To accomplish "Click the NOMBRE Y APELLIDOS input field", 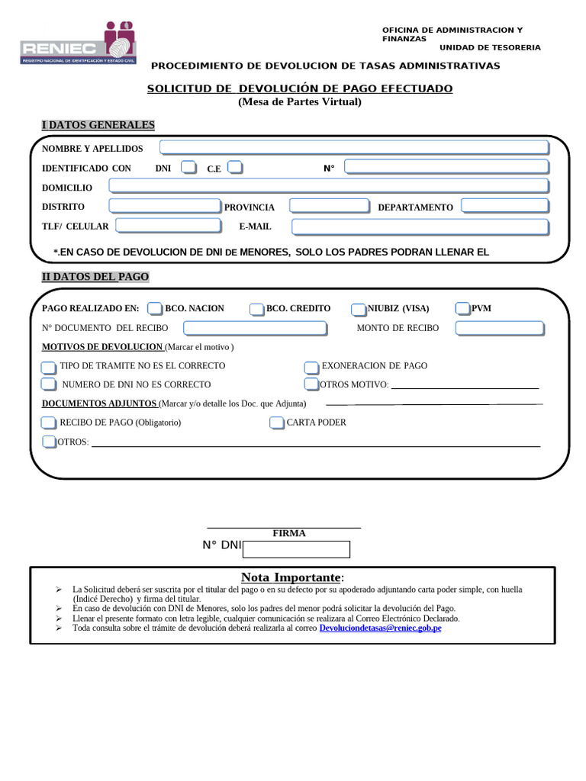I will [x=353, y=147].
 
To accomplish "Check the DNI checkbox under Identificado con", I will [x=188, y=167].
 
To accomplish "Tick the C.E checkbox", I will [x=235, y=167].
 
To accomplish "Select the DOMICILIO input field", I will [x=329, y=186].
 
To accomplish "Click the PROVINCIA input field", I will [x=329, y=206].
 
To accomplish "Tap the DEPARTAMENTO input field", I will [x=504, y=206].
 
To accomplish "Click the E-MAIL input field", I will [x=420, y=227].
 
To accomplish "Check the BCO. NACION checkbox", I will [x=155, y=308].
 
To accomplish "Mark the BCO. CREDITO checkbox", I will [x=256, y=309].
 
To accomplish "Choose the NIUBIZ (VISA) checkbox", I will [x=359, y=309].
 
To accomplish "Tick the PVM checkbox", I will [x=462, y=308].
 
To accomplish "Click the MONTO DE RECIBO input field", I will [x=500, y=328].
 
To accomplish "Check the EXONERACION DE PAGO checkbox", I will [x=311, y=367].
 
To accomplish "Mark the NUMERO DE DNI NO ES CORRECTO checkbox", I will [x=49, y=384].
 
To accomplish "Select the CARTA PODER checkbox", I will [x=276, y=423].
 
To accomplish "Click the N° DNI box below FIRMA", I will [x=295, y=549].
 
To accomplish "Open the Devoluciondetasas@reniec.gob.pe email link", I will [x=381, y=628].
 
